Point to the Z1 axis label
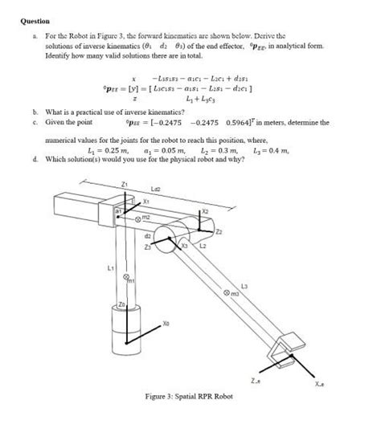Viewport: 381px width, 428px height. (x=124, y=185)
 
